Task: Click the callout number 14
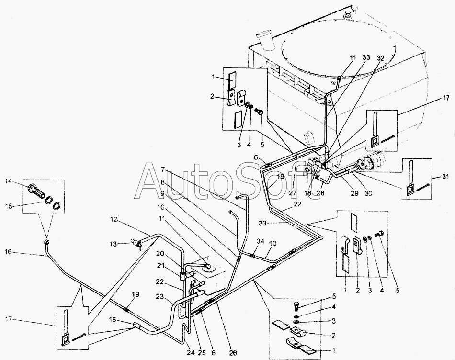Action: click(x=9, y=181)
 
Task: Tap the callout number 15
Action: click(x=9, y=206)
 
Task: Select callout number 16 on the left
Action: click(x=9, y=252)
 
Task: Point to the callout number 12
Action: click(x=114, y=220)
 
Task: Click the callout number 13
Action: click(x=114, y=244)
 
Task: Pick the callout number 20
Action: click(x=159, y=254)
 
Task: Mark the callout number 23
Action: click(x=159, y=296)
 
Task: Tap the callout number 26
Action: click(x=233, y=353)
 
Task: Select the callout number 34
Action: click(x=260, y=241)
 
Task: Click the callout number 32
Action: click(x=380, y=58)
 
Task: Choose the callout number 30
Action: click(x=368, y=193)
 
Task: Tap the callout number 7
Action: click(x=163, y=169)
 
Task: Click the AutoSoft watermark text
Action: click(x=228, y=180)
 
